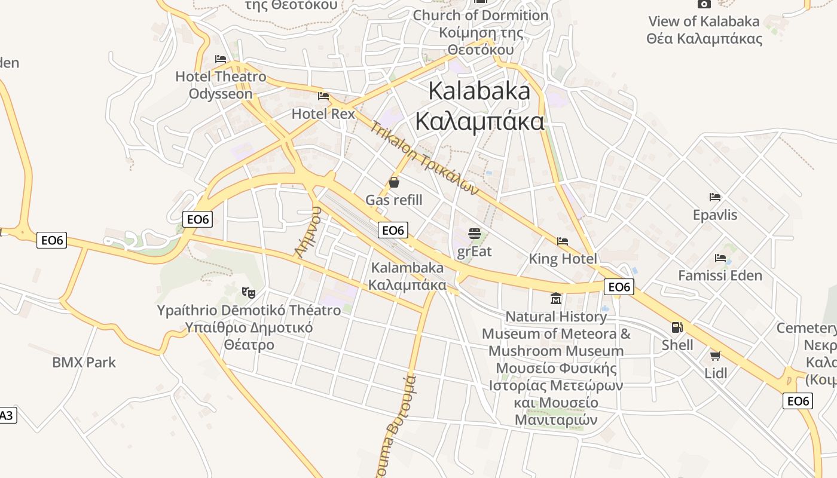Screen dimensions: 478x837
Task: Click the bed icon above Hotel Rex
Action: point(323,96)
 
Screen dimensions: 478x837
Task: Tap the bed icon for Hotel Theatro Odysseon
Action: point(221,59)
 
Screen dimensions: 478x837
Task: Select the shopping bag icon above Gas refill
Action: point(394,182)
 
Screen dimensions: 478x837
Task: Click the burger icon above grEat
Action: point(475,233)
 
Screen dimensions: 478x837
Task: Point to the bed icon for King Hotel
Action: point(563,241)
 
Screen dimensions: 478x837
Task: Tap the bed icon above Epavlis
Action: point(715,197)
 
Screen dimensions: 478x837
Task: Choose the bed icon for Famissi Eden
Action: point(720,258)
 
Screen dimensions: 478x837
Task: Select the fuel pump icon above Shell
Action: point(677,327)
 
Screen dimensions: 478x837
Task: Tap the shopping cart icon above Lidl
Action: point(715,356)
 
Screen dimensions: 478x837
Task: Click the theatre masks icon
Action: point(249,292)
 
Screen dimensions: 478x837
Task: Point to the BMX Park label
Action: point(84,363)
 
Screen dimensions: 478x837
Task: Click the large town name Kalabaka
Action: point(479,91)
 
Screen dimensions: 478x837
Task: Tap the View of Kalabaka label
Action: point(704,22)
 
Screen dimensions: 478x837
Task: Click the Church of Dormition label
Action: point(481,15)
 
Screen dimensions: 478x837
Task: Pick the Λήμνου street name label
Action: point(308,232)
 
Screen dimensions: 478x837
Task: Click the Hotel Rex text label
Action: point(323,114)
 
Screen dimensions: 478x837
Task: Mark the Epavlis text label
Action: point(715,215)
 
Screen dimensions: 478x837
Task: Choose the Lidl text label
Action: point(716,373)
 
